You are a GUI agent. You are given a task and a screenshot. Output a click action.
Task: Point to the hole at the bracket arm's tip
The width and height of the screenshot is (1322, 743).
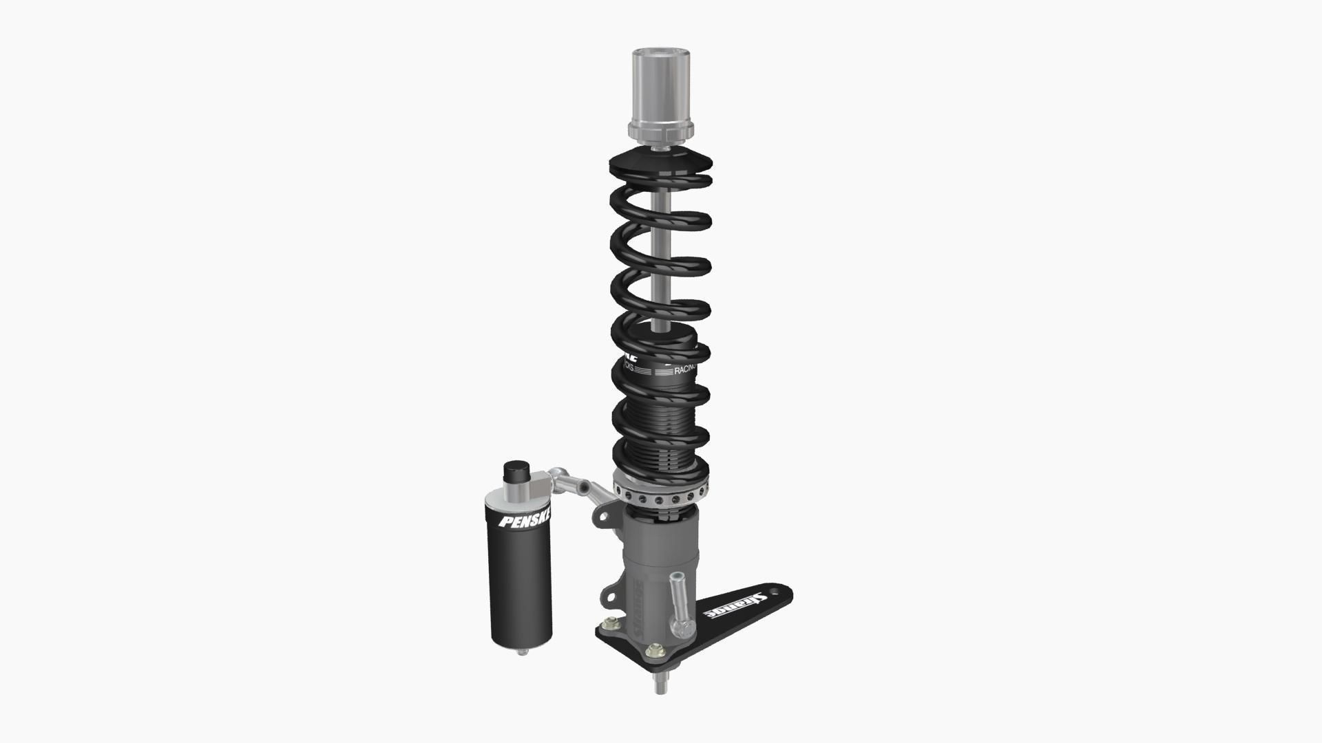778,591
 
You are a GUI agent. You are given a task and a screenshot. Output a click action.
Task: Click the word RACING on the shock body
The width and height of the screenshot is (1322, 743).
685,370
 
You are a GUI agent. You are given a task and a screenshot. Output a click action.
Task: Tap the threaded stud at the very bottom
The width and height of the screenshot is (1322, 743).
660,685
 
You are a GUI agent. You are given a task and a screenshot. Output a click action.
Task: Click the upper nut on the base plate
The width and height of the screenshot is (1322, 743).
608,624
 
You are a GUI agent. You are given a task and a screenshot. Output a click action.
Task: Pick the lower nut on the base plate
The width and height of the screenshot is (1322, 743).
654,650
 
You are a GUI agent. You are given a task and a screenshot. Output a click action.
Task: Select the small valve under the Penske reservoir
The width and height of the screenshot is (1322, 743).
523,650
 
